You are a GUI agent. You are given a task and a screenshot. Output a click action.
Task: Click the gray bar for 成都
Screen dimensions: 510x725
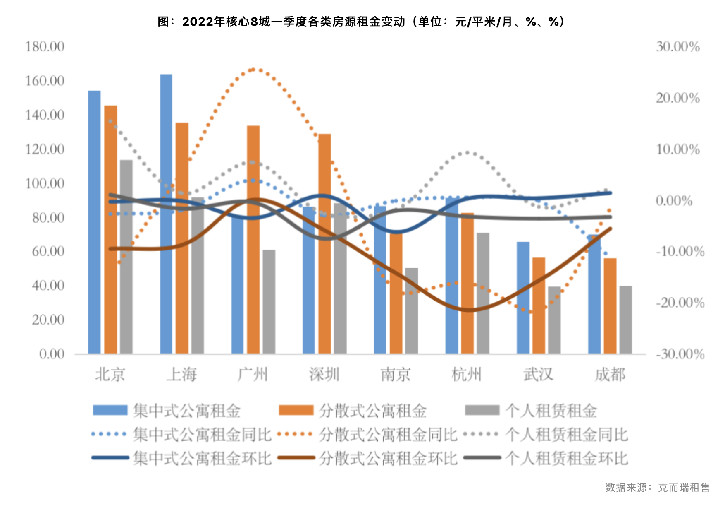[625, 320]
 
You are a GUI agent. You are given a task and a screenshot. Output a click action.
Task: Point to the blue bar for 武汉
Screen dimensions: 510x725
[523, 298]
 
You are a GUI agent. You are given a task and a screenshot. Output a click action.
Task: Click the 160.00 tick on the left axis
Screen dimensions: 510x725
[45, 81]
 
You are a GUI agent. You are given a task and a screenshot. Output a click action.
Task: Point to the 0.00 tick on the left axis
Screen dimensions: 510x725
[52, 354]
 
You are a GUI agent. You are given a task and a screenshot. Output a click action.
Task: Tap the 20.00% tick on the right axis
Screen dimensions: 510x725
[678, 98]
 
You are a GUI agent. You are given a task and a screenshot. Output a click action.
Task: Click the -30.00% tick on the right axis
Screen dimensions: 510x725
[680, 354]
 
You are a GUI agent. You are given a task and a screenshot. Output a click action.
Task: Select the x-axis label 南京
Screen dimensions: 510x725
[396, 375]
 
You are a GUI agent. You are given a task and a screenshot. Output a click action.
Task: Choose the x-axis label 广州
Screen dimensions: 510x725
[253, 375]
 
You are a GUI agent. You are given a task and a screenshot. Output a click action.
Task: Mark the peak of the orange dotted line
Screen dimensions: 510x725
[253, 69]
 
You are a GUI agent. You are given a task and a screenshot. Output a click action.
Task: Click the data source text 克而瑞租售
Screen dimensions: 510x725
[684, 487]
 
